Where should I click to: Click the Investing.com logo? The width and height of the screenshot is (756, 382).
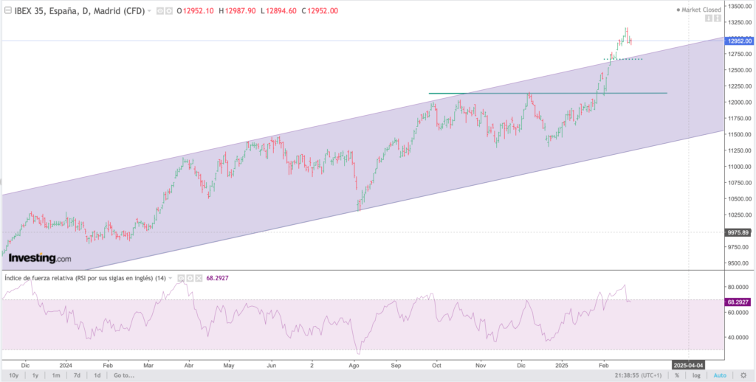point(40,258)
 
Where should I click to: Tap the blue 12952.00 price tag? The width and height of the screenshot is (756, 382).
point(739,41)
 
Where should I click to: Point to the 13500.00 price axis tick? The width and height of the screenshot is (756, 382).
point(738,6)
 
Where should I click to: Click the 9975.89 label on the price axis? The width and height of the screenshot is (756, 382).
point(739,232)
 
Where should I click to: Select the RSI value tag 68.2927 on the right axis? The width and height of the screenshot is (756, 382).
point(739,302)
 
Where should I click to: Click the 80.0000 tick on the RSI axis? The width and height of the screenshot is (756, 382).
point(738,287)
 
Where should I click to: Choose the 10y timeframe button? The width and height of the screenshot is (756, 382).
point(14,375)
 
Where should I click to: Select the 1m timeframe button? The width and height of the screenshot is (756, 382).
point(55,375)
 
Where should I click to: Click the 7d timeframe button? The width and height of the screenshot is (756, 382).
point(76,375)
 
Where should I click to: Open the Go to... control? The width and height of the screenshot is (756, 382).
point(124,375)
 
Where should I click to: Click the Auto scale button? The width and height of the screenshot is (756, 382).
point(721,375)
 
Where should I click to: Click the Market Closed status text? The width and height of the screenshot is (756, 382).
point(701,10)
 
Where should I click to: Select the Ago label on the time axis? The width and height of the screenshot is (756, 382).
point(354,364)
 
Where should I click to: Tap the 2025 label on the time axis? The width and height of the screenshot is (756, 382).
point(562,364)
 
